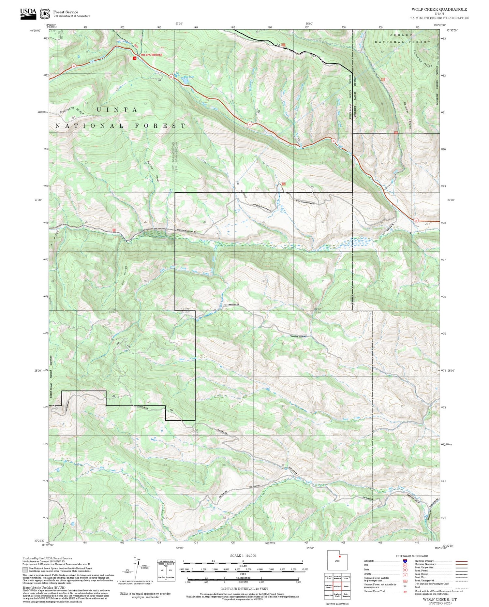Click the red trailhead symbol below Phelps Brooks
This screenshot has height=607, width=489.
pyautogui.click(x=135, y=58)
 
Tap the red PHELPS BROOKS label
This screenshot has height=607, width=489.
pyautogui.click(x=151, y=55)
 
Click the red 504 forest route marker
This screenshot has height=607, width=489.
pyautogui.click(x=284, y=184)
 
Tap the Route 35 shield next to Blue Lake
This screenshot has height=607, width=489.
pyautogui.click(x=171, y=77)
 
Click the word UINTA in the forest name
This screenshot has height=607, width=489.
pyautogui.click(x=117, y=110)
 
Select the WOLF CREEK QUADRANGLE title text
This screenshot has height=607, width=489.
pyautogui.click(x=439, y=9)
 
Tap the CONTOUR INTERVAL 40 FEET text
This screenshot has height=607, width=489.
pyautogui.click(x=244, y=589)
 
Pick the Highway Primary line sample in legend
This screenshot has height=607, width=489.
pyautogui.click(x=461, y=561)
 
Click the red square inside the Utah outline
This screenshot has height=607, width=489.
pyautogui.click(x=339, y=556)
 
